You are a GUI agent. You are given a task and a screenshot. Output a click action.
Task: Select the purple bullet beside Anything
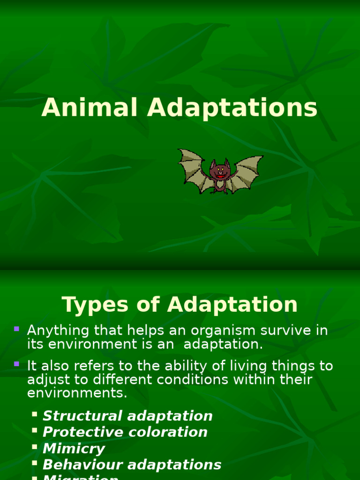coord(17,329)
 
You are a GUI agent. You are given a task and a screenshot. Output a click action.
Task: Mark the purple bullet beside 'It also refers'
coord(17,363)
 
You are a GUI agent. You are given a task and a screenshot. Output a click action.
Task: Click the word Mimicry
coord(74,449)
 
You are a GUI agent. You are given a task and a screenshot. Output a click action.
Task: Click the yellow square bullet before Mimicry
coord(35,447)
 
